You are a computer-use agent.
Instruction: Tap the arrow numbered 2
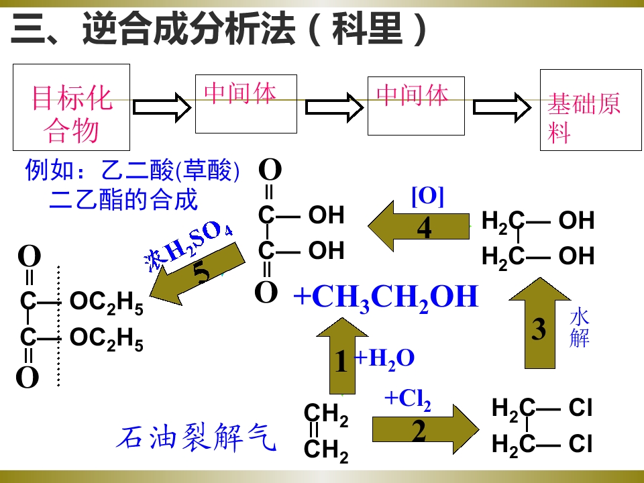coord(425,429)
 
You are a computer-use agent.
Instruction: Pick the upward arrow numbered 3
coord(539,323)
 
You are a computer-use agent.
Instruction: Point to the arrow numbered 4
coord(418,226)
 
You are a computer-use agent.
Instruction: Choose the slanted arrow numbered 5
coord(197,274)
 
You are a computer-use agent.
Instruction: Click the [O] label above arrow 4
coord(427,197)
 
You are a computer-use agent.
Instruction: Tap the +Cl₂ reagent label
coord(408,398)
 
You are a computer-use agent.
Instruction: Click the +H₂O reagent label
coord(384,359)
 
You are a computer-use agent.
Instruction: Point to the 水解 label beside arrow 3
coord(580,329)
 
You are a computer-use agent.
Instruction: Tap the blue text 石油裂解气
coord(196,437)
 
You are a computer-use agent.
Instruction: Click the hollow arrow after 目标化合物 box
coord(162,107)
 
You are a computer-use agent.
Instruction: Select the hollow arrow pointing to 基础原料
coord(502,107)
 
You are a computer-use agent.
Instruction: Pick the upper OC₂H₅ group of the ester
coord(107,303)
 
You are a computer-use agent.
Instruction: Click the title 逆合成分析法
coord(189,29)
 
